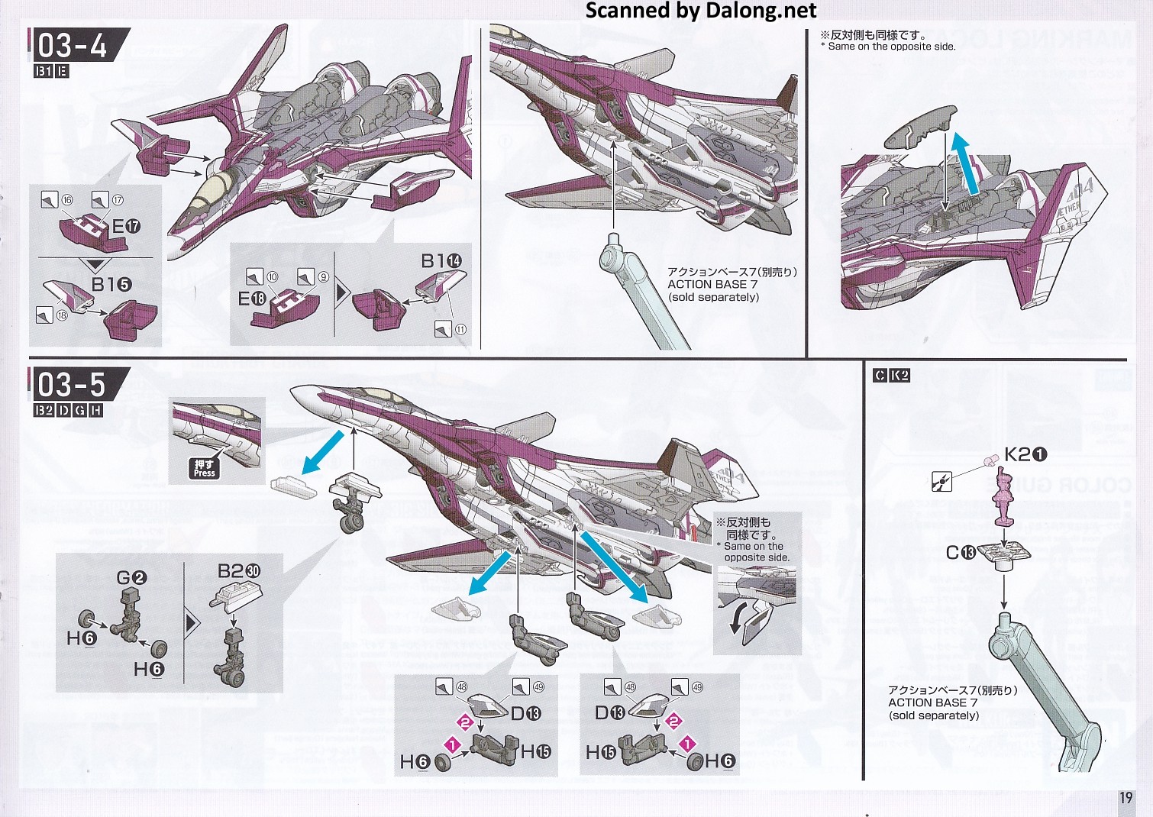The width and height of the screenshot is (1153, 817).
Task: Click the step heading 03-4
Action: pyautogui.click(x=73, y=46)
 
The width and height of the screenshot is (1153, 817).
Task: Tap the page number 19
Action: pyautogui.click(x=1126, y=798)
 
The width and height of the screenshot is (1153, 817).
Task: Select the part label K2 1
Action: pyautogui.click(x=1025, y=454)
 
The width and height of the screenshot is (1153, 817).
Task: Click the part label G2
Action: pyautogui.click(x=131, y=578)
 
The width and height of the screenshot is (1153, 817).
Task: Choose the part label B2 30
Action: pyautogui.click(x=239, y=571)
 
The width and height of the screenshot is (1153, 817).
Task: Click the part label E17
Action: pyautogui.click(x=126, y=226)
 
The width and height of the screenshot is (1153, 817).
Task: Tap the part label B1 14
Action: pyautogui.click(x=441, y=261)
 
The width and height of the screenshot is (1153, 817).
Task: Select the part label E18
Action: pyautogui.click(x=252, y=299)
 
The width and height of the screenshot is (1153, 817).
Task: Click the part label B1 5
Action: pyautogui.click(x=111, y=284)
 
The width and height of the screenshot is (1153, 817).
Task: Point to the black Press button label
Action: pyautogui.click(x=204, y=468)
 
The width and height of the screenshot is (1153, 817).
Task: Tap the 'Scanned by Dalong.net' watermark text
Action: pyautogui.click(x=701, y=11)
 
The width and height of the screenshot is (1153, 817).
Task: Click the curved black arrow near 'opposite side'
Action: pyautogui.click(x=740, y=617)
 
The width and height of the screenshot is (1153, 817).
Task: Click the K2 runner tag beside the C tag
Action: pyautogui.click(x=899, y=375)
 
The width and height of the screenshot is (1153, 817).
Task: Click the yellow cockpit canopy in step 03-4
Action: pyautogui.click(x=211, y=189)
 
